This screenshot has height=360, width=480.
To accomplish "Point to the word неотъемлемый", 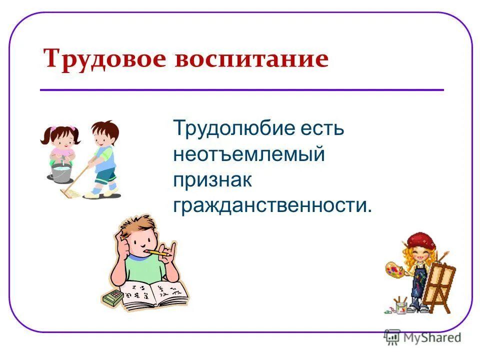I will click(249, 154).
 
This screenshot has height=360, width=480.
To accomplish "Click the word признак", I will click(212, 180).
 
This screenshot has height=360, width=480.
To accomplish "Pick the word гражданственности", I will click(272, 205).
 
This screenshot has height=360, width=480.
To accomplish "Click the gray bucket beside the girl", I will click(60, 173).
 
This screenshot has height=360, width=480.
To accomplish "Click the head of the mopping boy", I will click(105, 133).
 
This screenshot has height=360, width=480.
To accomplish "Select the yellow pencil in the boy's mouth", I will click(159, 252).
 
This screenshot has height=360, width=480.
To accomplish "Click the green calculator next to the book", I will click(113, 299).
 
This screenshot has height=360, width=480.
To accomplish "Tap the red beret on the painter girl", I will click(418, 238).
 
